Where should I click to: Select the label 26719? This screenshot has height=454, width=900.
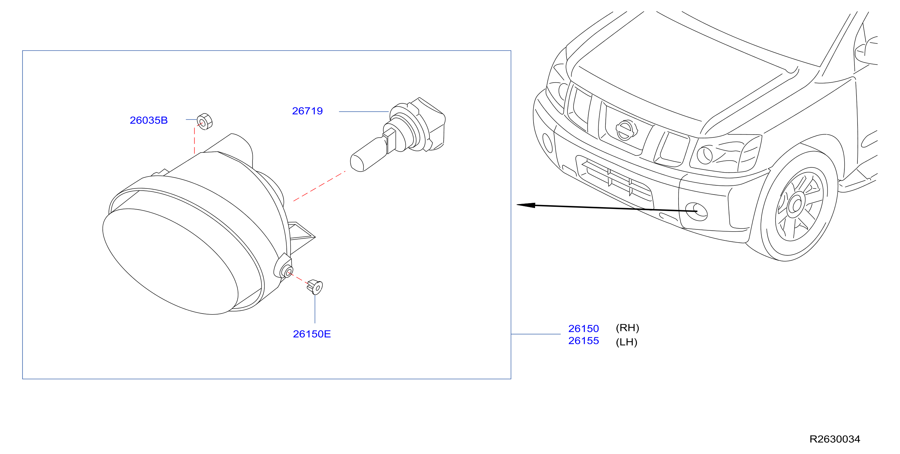(x=307, y=111)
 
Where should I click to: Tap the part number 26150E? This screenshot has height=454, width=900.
(x=312, y=334)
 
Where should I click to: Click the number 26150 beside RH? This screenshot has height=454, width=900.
(x=583, y=329)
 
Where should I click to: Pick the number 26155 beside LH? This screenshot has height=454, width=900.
(x=583, y=341)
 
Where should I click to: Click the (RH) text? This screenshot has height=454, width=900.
(x=627, y=328)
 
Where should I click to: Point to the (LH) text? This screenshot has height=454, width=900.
(x=627, y=342)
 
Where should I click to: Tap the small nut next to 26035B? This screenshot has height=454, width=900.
(x=205, y=121)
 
